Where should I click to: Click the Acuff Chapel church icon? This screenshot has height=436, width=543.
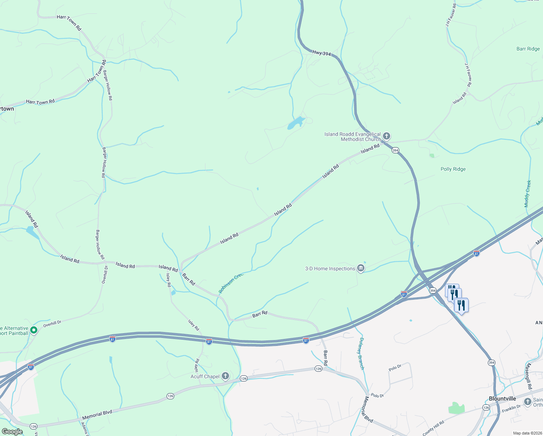(x=225, y=376)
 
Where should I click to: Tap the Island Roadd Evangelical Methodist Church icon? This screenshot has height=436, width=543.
(x=387, y=136)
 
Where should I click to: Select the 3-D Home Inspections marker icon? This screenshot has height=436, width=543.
(x=360, y=269)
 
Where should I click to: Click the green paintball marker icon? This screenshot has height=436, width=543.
(x=34, y=330)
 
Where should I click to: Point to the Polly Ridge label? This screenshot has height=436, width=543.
(x=453, y=169)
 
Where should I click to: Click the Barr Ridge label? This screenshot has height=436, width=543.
(x=528, y=49)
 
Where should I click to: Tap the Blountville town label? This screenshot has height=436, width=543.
(x=502, y=399)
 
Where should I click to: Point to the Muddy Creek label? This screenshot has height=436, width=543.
(x=528, y=194)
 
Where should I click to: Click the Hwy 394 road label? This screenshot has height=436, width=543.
(x=322, y=53)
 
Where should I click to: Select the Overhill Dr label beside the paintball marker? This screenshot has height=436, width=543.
(x=52, y=324)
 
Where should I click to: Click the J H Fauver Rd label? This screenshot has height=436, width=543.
(x=468, y=74)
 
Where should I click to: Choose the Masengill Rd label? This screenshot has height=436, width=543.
(x=530, y=376)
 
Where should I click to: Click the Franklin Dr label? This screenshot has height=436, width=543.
(x=511, y=408)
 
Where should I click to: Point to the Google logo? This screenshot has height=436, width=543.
(x=12, y=432)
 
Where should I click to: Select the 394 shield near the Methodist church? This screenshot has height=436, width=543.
(x=395, y=150)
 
